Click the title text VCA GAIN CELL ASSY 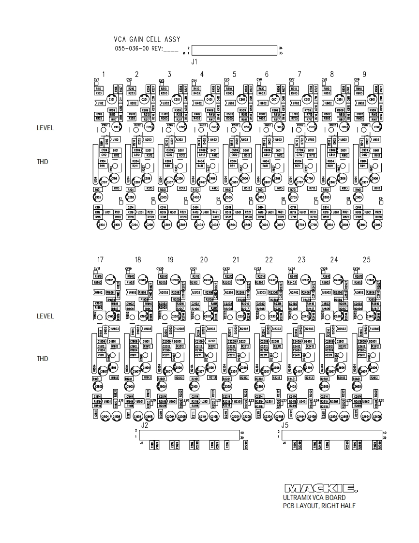(147, 39)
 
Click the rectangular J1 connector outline (234, 50)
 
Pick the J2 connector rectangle (190, 434)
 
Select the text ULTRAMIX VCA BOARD (314, 498)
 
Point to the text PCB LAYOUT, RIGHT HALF (319, 506)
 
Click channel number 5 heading (235, 74)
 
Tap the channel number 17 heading (100, 260)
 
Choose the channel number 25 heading (366, 260)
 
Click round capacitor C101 (112, 99)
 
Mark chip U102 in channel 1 (101, 103)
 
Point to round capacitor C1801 (110, 280)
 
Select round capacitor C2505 (325, 387)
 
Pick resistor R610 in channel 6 (261, 89)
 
